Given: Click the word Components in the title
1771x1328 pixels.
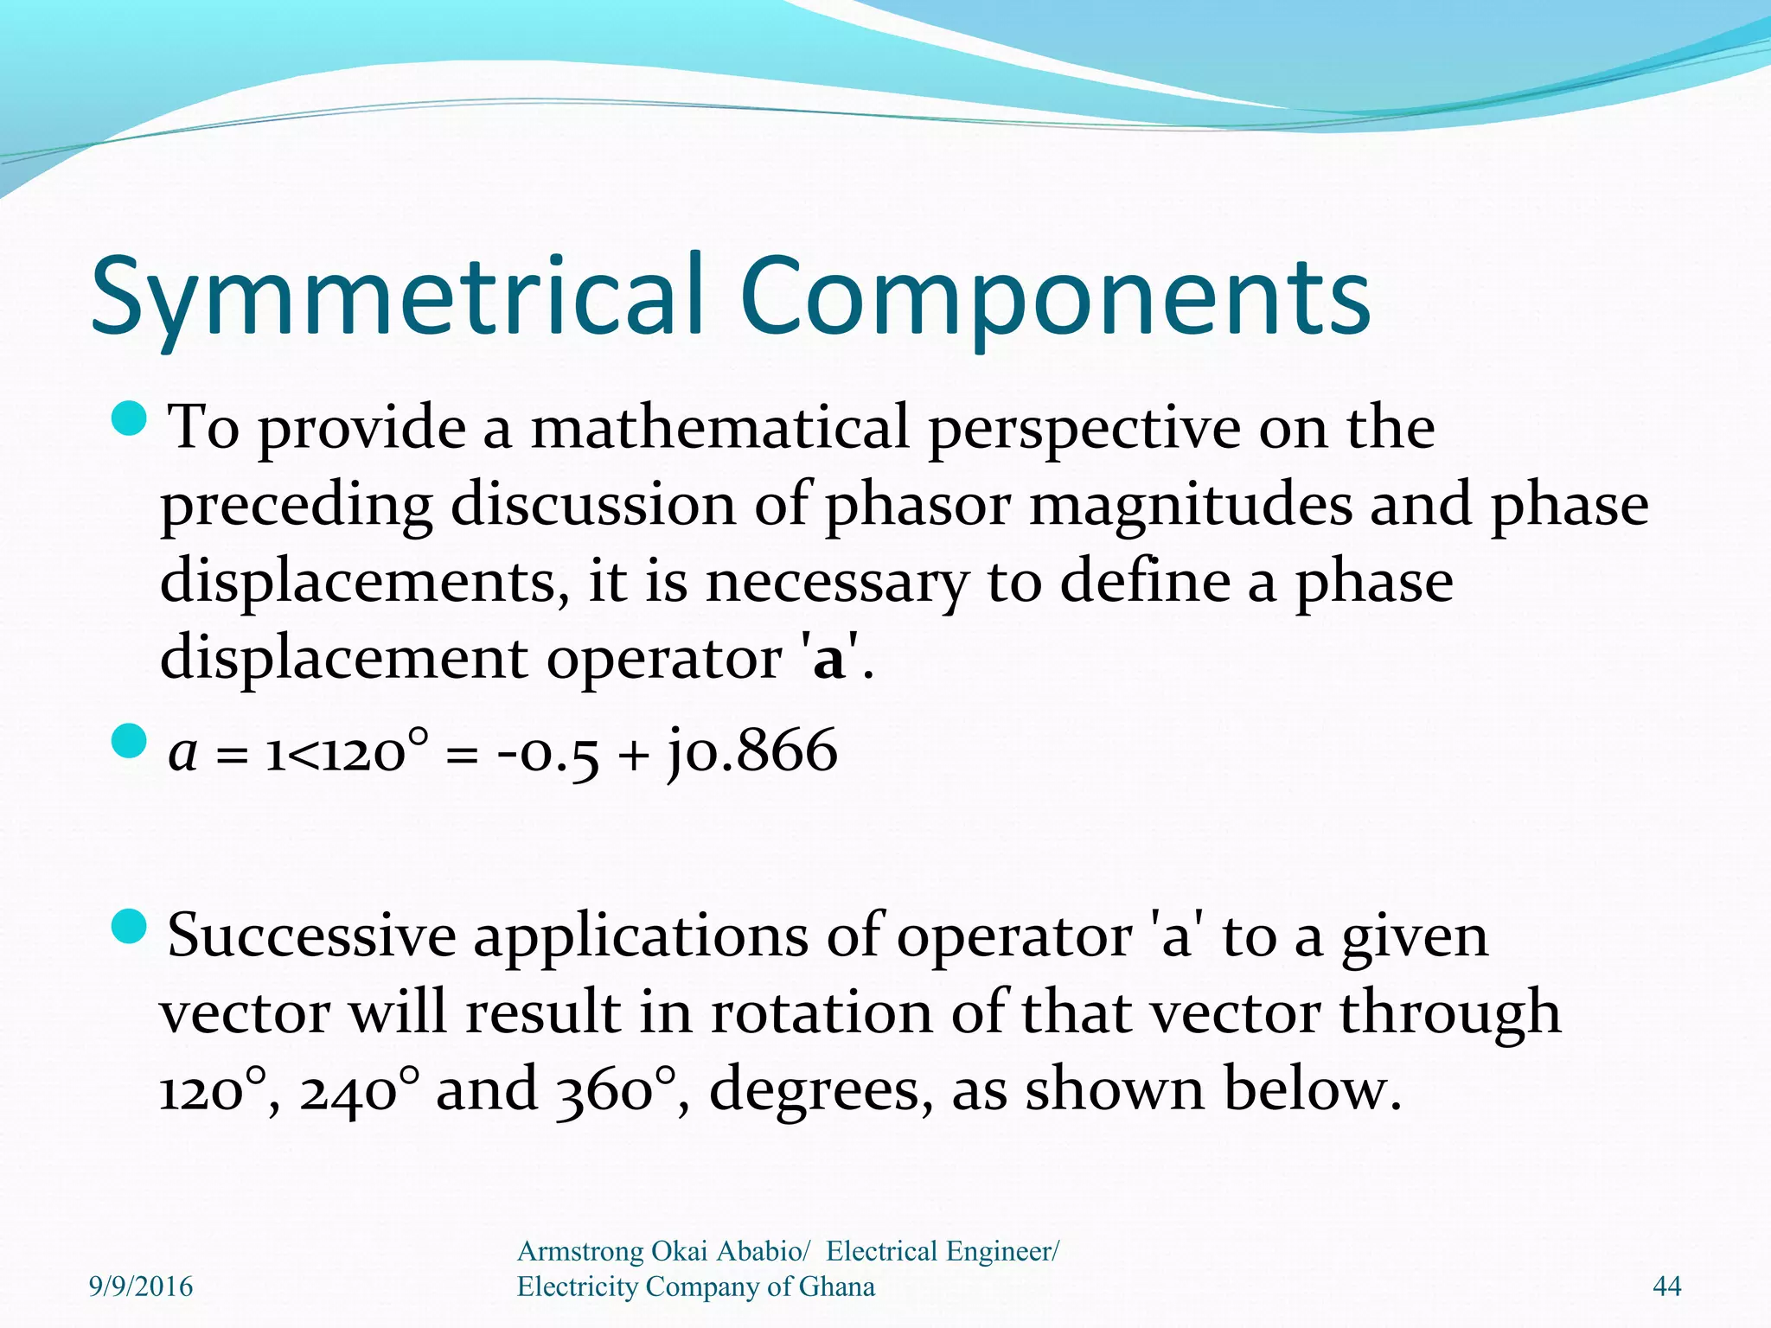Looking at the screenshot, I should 1055,296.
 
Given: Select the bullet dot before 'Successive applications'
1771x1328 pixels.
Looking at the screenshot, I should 131,926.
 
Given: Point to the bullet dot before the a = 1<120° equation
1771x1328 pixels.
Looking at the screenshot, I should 131,741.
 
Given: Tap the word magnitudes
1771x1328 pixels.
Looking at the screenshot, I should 1190,505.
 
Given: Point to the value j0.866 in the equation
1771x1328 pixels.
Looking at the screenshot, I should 751,750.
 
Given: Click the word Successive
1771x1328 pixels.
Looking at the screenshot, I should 311,935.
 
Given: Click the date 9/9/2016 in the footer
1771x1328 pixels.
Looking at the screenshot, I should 141,1286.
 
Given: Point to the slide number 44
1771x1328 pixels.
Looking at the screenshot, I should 1666,1286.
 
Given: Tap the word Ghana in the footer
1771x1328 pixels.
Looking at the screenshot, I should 836,1286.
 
